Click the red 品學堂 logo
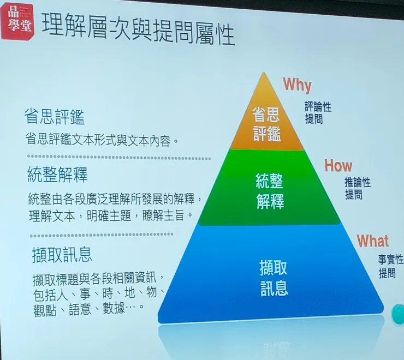click(x=16, y=21)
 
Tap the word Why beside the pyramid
click(x=297, y=85)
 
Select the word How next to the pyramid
click(x=338, y=166)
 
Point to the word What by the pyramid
click(x=373, y=241)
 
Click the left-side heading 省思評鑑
click(x=55, y=117)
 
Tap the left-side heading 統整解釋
click(x=57, y=175)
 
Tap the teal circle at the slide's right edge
click(x=398, y=313)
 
